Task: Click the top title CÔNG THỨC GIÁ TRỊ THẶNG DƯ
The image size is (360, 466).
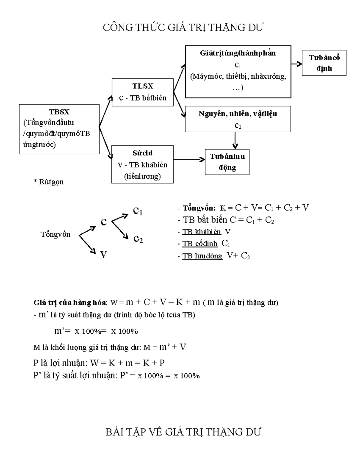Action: (x=183, y=28)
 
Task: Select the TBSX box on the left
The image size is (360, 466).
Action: (x=59, y=129)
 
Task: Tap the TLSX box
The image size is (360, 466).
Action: (x=142, y=92)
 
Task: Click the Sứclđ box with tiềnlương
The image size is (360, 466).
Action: (x=142, y=164)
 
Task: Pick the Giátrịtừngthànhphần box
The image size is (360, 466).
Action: (x=238, y=71)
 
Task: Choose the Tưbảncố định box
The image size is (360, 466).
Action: (x=324, y=63)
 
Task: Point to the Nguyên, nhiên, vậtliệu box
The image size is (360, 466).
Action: (x=238, y=119)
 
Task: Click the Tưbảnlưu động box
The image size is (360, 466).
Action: (x=227, y=162)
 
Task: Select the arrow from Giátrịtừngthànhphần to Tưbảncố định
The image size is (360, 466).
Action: (x=296, y=64)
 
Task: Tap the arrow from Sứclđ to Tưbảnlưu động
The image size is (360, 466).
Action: (x=189, y=160)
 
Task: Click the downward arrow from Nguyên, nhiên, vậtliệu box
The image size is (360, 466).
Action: (x=235, y=140)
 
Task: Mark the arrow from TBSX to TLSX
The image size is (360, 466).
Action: (x=106, y=111)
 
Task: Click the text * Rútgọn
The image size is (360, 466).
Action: (x=49, y=182)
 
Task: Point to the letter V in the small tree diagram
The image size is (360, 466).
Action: (x=103, y=255)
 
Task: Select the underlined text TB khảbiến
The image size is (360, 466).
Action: (x=202, y=232)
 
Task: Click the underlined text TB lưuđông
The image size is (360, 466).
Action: (x=202, y=256)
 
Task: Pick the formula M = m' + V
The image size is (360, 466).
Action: (x=165, y=347)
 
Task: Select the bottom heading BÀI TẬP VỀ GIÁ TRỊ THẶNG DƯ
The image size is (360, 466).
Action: (x=183, y=432)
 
